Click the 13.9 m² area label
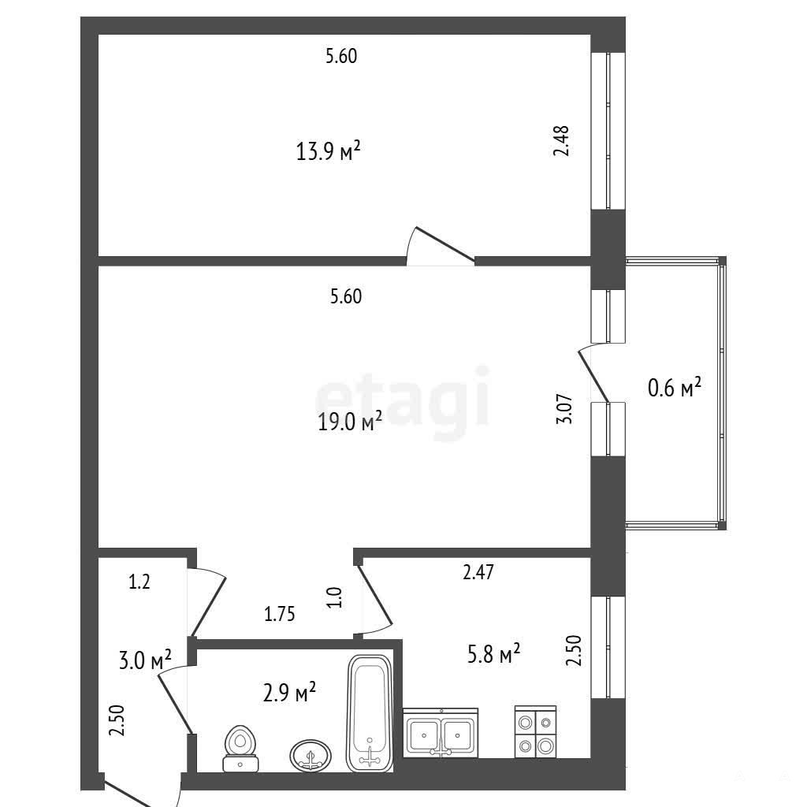[328, 151]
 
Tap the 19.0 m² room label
[350, 422]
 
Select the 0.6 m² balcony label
[675, 387]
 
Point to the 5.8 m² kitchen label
[493, 653]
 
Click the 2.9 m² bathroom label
[289, 692]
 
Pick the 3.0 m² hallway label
[145, 660]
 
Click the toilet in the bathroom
[240, 749]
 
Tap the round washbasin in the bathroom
[311, 755]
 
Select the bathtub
[370, 712]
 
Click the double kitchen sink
[441, 732]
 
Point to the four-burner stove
[535, 731]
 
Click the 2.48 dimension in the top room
[561, 141]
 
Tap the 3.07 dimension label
[564, 409]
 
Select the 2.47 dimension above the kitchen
[478, 572]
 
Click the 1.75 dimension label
[280, 614]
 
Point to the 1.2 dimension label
[139, 582]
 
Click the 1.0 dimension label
[334, 597]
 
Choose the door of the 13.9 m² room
[445, 244]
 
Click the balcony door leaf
[594, 376]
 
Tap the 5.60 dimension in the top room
[341, 56]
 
